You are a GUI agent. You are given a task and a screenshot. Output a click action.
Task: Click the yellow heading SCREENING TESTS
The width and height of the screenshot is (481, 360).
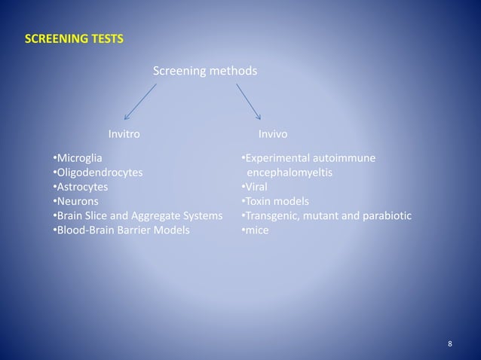click(74, 38)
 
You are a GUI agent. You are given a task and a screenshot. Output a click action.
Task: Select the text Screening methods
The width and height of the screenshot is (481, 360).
click(204, 72)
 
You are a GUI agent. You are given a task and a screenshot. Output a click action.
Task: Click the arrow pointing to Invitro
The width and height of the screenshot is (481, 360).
click(139, 101)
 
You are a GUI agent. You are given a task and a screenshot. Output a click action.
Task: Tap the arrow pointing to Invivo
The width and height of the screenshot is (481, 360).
click(248, 101)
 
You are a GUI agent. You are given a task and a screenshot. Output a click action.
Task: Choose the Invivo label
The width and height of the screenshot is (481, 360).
click(272, 134)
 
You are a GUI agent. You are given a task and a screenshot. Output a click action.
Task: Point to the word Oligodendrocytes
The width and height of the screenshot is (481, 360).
click(100, 172)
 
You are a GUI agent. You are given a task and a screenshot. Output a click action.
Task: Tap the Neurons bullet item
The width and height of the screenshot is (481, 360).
click(78, 201)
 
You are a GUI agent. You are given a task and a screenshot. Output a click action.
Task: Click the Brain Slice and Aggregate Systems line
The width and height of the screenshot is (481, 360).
click(137, 216)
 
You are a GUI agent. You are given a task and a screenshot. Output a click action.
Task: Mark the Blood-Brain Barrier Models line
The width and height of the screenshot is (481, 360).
click(121, 230)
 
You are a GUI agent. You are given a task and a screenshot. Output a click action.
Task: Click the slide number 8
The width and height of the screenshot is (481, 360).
click(450, 344)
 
